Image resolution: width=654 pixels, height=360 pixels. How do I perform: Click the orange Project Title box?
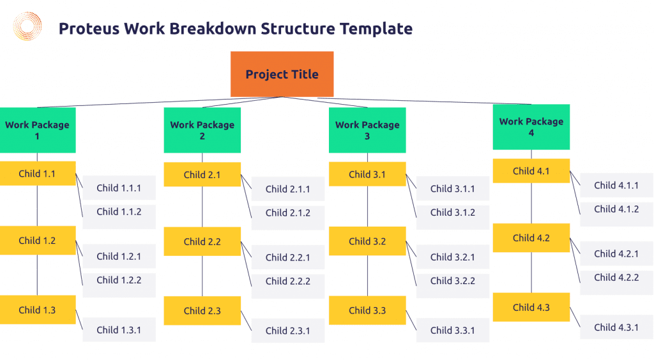click(282, 74)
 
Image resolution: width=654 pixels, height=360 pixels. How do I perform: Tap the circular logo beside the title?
click(27, 26)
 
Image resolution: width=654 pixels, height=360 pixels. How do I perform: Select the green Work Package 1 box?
click(38, 130)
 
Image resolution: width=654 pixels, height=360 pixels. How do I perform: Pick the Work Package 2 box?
click(202, 130)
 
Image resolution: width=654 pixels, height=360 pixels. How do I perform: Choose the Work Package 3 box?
click(367, 130)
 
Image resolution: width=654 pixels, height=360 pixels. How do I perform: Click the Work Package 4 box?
click(531, 127)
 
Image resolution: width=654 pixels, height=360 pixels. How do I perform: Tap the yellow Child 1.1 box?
click(38, 174)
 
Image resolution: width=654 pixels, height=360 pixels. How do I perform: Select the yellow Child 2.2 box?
click(202, 241)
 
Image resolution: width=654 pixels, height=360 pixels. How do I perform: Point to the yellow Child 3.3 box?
click(367, 310)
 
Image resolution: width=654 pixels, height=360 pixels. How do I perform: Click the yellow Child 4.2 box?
click(531, 238)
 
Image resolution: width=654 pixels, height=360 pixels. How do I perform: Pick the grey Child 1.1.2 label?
click(119, 216)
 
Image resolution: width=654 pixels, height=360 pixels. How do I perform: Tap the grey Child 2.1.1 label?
click(288, 189)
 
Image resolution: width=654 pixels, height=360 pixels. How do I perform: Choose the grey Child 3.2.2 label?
click(453, 285)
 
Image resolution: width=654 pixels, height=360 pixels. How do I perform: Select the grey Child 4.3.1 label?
click(616, 327)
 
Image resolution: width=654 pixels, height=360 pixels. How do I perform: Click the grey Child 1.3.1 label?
click(119, 330)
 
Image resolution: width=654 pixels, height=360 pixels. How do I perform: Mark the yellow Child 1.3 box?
click(38, 310)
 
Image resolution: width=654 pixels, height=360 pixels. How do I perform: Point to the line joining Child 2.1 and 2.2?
click(202, 207)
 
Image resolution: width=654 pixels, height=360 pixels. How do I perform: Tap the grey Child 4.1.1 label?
click(616, 185)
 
